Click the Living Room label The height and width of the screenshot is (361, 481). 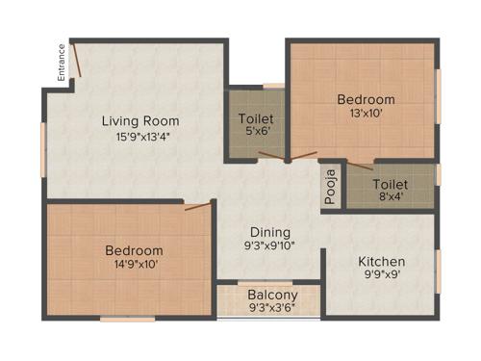point(141,120)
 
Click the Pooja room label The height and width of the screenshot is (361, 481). point(330,182)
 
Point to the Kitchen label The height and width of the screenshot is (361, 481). point(381,262)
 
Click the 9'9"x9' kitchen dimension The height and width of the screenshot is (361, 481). point(381,276)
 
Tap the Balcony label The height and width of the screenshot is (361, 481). point(272,296)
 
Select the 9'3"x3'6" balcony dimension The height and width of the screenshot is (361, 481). point(272,309)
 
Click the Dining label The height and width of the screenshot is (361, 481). point(271,232)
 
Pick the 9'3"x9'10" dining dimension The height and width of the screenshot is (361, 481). point(271,246)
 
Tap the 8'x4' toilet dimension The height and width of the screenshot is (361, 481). point(390,197)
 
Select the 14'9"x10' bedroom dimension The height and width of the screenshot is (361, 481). point(134,267)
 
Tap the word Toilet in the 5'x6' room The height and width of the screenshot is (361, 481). point(256,120)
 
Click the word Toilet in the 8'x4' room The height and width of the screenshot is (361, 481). point(391,183)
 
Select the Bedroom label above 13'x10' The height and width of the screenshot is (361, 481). point(366,99)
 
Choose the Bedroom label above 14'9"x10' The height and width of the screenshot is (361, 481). point(134,251)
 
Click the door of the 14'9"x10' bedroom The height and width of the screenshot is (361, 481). point(198,205)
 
